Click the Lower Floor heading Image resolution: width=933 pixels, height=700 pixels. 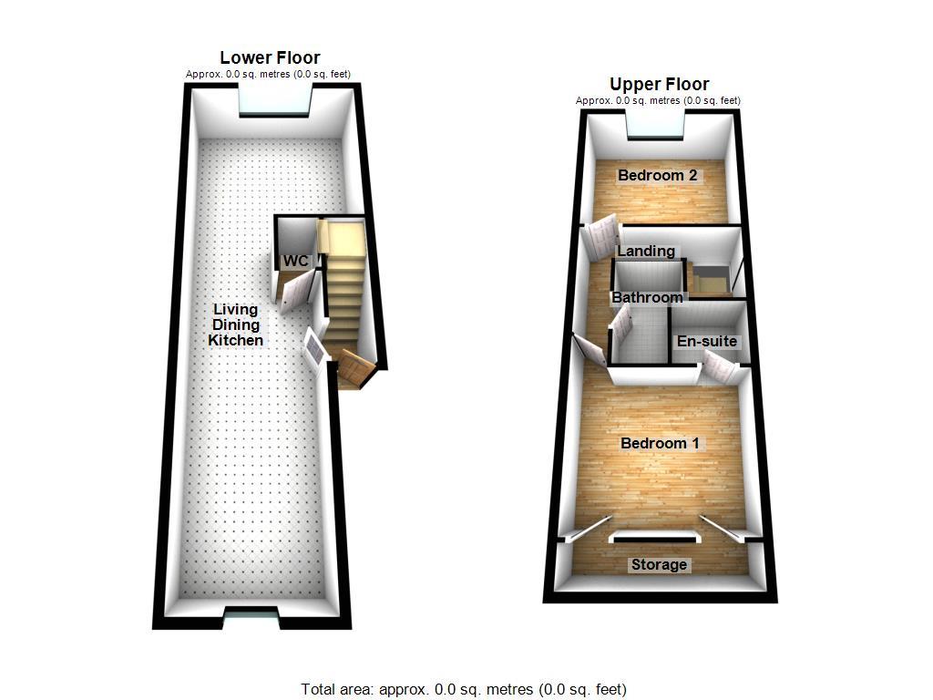pos(270,58)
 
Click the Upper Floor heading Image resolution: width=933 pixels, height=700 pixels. pos(659,85)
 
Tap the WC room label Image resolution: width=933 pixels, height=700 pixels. pos(295,262)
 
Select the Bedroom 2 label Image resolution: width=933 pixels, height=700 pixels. pos(658,175)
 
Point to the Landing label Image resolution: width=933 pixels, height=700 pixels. pos(646,251)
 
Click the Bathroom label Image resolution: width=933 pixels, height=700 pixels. pos(647,297)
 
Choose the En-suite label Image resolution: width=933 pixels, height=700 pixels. pos(706,342)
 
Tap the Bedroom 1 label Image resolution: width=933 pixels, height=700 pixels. pos(660,443)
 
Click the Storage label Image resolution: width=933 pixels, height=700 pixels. pos(659,564)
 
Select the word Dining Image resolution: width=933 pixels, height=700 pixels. pos(236,324)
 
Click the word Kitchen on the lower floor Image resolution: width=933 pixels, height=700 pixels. pos(236,340)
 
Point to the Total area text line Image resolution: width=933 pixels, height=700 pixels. pos(464,689)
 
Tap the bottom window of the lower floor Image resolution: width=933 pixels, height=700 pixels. pos(252,621)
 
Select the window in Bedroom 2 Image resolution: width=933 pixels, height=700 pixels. pos(655,127)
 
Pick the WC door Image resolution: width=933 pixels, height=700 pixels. pos(296,294)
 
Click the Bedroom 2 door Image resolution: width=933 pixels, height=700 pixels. pos(601,239)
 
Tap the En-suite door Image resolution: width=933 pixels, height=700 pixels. pos(719,369)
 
